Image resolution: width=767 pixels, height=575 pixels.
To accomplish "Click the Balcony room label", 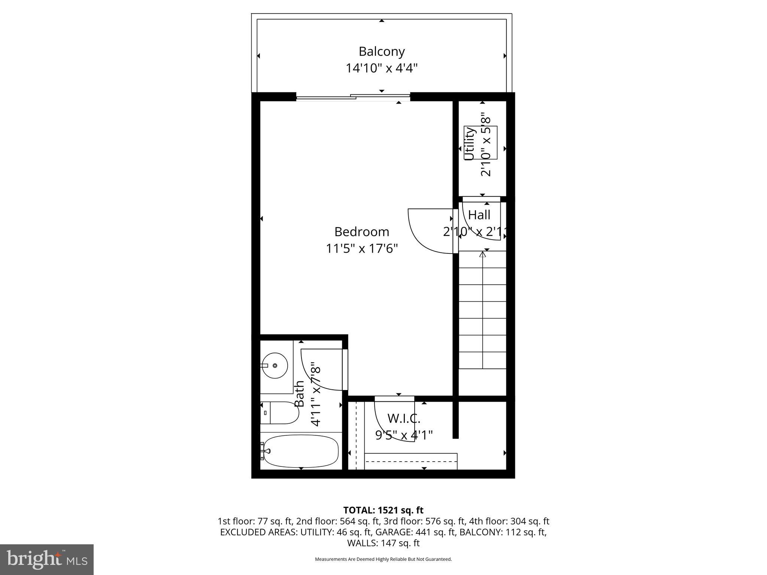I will pyautogui.click(x=382, y=51).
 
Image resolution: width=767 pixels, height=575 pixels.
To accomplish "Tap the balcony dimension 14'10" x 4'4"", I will pyautogui.click(x=382, y=68).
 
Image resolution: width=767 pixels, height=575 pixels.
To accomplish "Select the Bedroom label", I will pyautogui.click(x=362, y=232).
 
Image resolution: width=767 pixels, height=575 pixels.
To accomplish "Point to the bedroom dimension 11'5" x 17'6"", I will pyautogui.click(x=362, y=248).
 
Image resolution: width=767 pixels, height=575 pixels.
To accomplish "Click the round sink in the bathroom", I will pyautogui.click(x=275, y=365).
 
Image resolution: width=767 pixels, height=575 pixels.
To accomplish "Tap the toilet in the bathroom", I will pyautogui.click(x=279, y=413).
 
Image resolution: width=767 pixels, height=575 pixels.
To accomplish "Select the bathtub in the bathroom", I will pyautogui.click(x=300, y=451).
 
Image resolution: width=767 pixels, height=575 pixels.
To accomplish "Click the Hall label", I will pyautogui.click(x=479, y=215).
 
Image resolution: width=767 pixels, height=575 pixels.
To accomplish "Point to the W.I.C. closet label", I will pyautogui.click(x=404, y=418).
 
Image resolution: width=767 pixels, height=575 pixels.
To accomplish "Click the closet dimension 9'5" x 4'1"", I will pyautogui.click(x=404, y=435).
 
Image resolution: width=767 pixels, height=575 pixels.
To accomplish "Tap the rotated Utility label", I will pyautogui.click(x=470, y=144).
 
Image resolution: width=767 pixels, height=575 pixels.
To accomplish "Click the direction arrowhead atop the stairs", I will pyautogui.click(x=483, y=255).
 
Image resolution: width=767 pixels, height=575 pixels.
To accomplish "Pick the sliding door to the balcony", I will pyautogui.click(x=353, y=97).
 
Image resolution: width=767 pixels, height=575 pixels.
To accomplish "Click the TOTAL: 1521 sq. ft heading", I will pyautogui.click(x=383, y=510).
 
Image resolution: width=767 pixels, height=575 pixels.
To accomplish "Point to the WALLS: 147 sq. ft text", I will pyautogui.click(x=383, y=543).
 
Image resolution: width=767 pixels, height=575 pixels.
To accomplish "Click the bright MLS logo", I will pyautogui.click(x=47, y=559).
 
